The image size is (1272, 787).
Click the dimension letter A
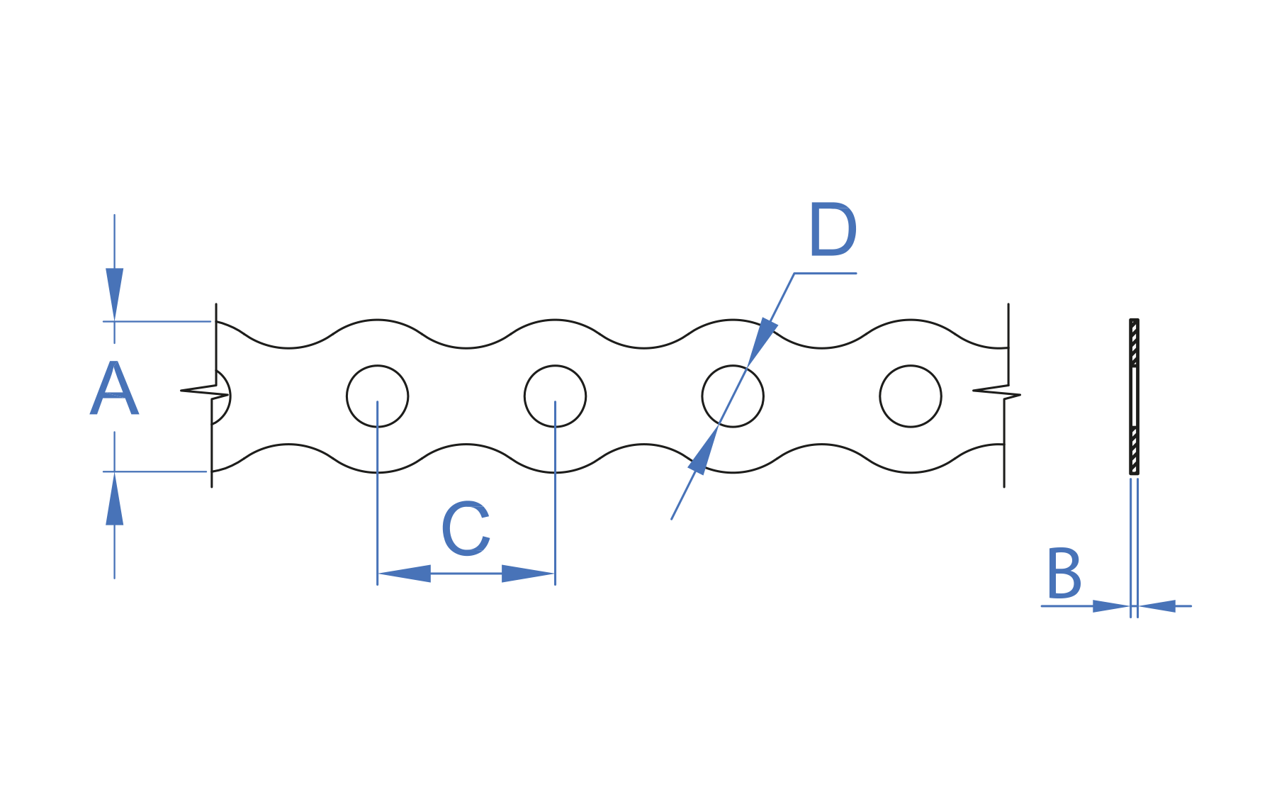[x=114, y=389]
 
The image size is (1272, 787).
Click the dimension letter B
[x=1064, y=574]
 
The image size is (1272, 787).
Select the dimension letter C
[x=466, y=529]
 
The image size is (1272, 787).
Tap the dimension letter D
[x=833, y=230]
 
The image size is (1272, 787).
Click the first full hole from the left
[x=377, y=396]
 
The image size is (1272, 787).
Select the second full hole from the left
[x=555, y=396]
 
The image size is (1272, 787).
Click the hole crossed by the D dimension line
[x=733, y=396]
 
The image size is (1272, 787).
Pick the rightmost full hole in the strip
[x=911, y=396]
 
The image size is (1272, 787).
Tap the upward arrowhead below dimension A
[x=114, y=500]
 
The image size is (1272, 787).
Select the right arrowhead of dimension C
[x=527, y=573]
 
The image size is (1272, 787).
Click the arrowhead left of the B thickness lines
[x=1110, y=606]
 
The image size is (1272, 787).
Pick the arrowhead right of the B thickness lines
[x=1157, y=606]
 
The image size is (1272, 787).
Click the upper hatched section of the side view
[x=1134, y=342]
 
